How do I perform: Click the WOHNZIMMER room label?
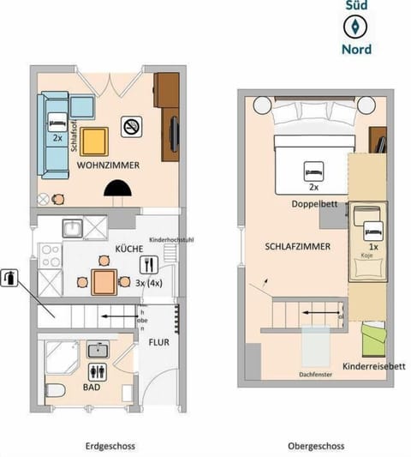tap(107, 164)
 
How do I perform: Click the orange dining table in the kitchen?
tap(104, 281)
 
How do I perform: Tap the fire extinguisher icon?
tap(9, 278)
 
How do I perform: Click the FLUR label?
tap(158, 341)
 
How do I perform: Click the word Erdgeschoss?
tap(107, 446)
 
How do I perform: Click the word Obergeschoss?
tap(316, 446)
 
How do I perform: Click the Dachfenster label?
tap(316, 374)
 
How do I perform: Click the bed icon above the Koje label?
tap(373, 230)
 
